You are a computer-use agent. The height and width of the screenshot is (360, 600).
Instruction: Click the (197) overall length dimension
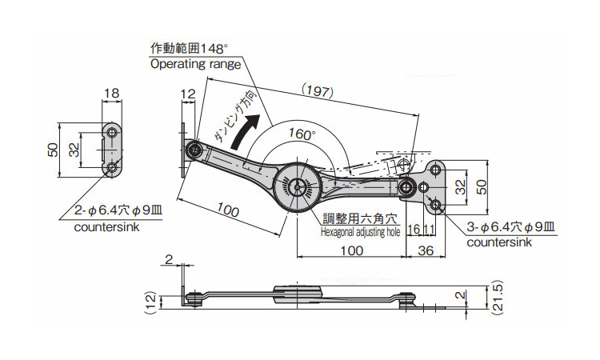318,92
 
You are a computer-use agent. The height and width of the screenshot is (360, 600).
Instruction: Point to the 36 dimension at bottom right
426,250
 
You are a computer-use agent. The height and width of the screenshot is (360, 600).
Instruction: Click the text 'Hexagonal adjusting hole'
359,232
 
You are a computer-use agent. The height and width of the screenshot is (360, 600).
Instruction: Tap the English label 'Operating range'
195,64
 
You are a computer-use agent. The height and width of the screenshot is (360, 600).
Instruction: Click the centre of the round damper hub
297,186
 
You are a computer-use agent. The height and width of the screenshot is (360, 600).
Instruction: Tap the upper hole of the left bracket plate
113,132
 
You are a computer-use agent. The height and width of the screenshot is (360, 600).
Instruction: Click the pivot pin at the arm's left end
194,149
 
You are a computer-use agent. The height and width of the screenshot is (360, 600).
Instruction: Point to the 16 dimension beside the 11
413,229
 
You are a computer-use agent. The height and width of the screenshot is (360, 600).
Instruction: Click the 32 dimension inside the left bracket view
74,150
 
